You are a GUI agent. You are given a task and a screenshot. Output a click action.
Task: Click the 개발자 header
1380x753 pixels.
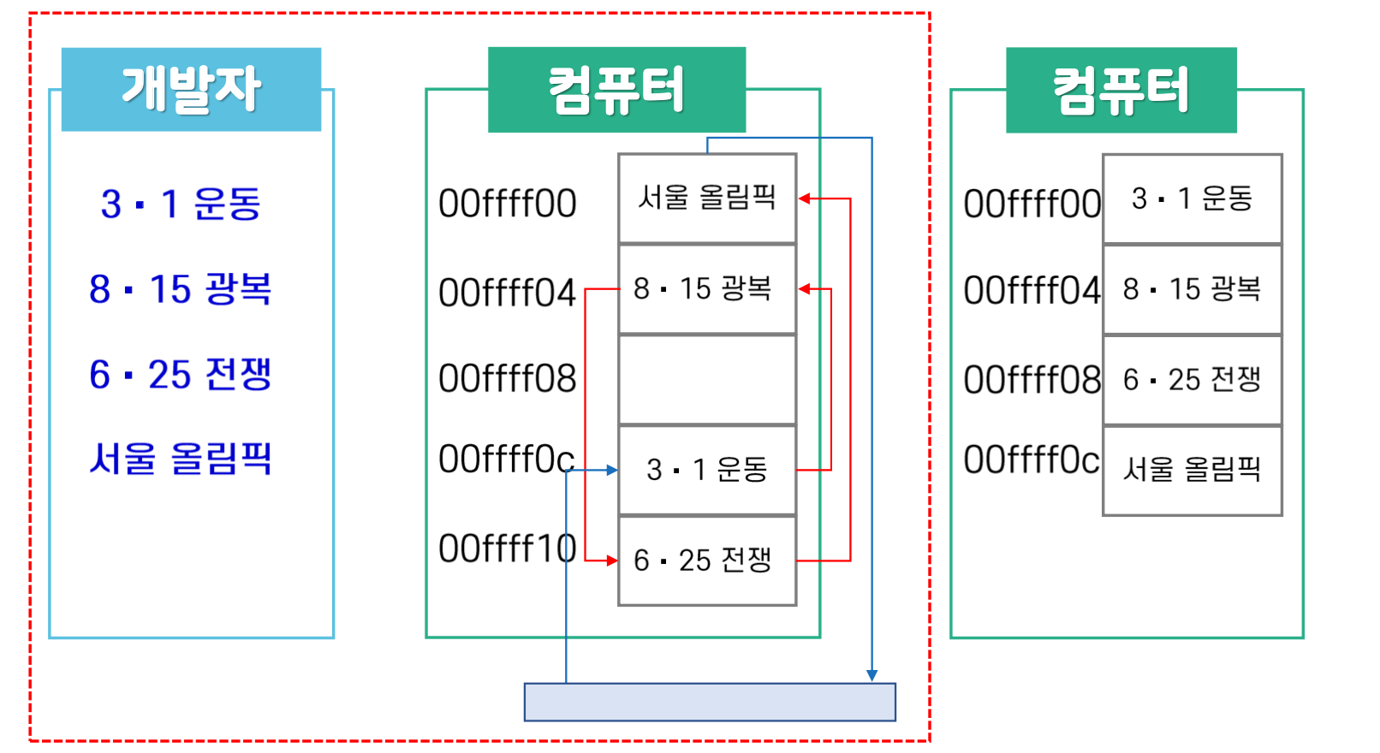click(191, 89)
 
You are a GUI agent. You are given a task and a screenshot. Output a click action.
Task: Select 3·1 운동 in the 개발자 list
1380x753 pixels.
click(181, 205)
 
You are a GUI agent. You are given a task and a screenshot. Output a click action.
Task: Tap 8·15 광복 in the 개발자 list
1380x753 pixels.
click(181, 288)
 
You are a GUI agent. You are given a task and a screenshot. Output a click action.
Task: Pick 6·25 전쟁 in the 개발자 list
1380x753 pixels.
click(181, 374)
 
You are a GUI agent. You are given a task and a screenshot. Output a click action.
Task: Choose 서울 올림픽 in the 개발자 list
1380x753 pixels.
click(181, 459)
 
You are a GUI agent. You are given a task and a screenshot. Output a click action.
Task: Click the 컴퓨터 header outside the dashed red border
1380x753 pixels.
click(1121, 90)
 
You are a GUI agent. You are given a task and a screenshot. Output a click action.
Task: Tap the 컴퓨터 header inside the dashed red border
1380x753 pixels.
click(616, 90)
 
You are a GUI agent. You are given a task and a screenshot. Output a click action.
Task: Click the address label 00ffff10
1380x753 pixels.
click(507, 548)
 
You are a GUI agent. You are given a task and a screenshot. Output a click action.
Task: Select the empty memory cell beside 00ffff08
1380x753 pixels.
click(707, 379)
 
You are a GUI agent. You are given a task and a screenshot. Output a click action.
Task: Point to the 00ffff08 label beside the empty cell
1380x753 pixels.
click(507, 378)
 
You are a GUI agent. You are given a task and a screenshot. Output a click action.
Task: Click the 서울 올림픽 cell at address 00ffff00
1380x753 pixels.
click(707, 199)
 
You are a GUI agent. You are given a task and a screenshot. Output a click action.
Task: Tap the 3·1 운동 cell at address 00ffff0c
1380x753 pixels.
click(707, 470)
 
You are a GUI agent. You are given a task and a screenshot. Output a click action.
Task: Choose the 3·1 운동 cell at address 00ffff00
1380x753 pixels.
click(1192, 199)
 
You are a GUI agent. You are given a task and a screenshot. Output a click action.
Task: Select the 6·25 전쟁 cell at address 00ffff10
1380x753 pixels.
click(707, 560)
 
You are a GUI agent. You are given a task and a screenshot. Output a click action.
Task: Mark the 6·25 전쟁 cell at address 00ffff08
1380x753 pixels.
click(1192, 379)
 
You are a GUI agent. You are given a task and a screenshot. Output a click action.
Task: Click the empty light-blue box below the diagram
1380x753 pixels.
click(710, 702)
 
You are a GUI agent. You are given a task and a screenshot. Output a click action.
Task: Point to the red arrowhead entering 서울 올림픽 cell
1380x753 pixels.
click(805, 199)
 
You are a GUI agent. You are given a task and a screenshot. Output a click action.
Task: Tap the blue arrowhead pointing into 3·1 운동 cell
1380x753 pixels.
click(611, 470)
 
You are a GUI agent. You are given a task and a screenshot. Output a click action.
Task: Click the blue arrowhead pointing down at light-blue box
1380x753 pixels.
click(871, 676)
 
